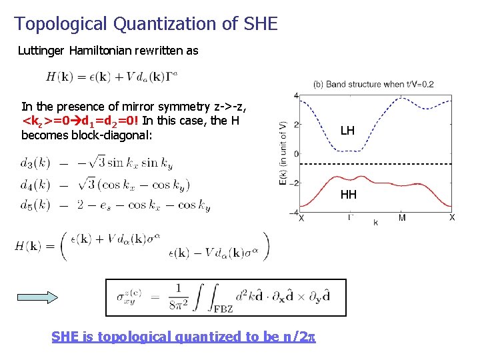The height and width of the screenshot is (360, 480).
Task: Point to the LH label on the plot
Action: pyautogui.click(x=347, y=131)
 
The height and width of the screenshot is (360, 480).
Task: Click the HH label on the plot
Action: pyautogui.click(x=349, y=195)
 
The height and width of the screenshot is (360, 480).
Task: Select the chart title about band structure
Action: pyautogui.click(x=373, y=84)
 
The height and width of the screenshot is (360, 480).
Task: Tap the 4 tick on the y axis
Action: pyautogui.click(x=295, y=95)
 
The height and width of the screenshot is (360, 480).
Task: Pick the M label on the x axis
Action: pyautogui.click(x=402, y=218)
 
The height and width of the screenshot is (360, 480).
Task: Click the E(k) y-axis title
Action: pyautogui.click(x=285, y=154)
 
